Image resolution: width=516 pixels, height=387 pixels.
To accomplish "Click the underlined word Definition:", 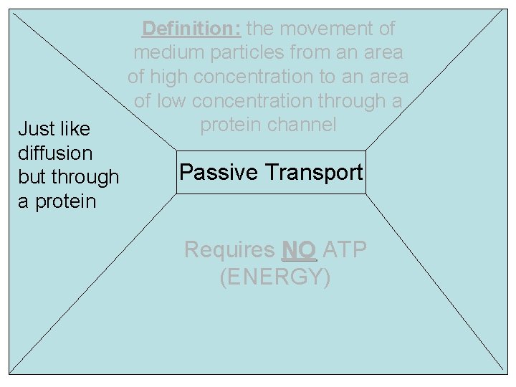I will pos(191,29).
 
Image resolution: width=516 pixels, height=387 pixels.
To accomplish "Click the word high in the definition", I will pos(171,77).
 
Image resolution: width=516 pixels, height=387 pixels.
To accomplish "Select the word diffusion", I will pos(55,153).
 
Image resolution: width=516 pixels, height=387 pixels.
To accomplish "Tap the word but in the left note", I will pos(30,177).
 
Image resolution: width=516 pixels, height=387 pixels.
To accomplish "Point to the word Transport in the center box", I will pos(314,172).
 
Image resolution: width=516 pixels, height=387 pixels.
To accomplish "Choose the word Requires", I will pos(229,249).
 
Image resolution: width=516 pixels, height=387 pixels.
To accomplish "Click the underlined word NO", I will pos(300,249).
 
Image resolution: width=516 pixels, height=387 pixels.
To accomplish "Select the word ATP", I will pos(345,249).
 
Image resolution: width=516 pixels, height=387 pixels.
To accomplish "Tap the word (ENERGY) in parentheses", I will pos(275,277).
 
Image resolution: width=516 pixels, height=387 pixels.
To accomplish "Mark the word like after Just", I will pos(75,129).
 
